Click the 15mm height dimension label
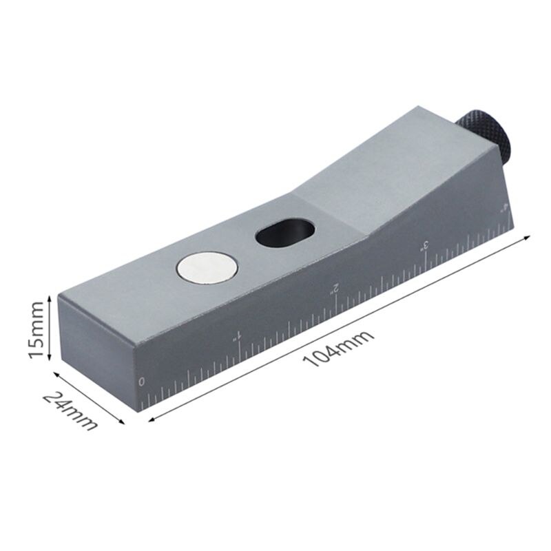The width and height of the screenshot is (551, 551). tap(38, 327)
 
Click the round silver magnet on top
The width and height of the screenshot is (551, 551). tap(207, 267)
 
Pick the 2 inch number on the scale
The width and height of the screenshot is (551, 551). tap(335, 287)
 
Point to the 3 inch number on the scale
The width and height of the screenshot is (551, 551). tap(426, 245)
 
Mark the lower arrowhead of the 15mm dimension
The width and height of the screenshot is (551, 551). tap(49, 358)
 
